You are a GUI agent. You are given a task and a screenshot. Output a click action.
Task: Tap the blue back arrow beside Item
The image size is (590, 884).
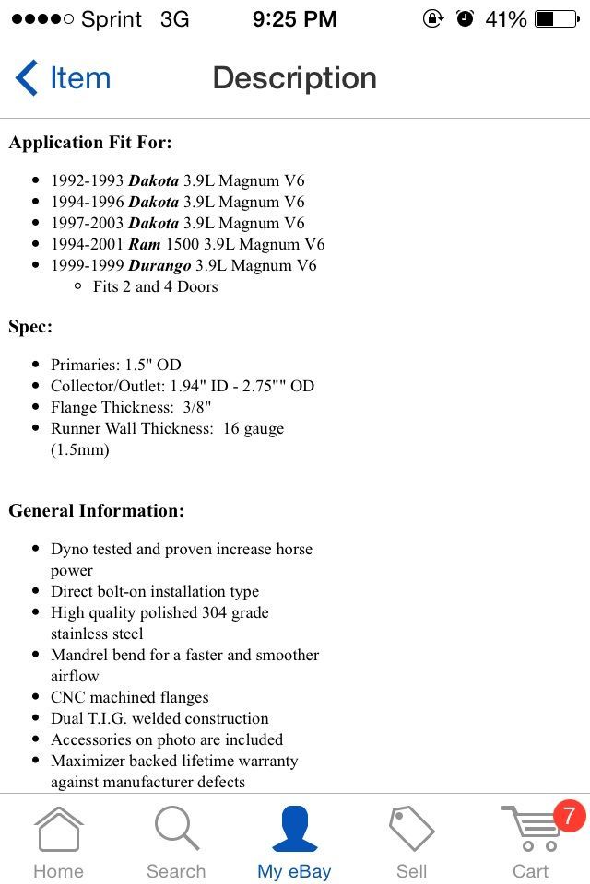[x=26, y=78]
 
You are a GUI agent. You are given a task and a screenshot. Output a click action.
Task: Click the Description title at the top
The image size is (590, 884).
[x=294, y=78]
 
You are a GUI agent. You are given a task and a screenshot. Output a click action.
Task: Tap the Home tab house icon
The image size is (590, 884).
[x=58, y=829]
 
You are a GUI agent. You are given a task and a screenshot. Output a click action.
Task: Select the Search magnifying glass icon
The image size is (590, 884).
[x=176, y=829]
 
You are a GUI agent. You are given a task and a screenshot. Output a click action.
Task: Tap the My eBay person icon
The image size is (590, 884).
[x=294, y=829]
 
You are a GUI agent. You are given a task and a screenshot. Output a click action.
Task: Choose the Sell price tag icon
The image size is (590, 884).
[x=411, y=829]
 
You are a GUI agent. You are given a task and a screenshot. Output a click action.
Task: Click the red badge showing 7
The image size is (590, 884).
[x=568, y=816]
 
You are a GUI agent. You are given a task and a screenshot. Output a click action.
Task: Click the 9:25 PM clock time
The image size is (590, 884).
[x=294, y=18]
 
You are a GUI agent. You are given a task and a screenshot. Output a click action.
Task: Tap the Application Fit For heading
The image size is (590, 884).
[x=90, y=143]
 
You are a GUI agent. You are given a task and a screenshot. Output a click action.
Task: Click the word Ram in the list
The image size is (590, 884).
[x=145, y=244]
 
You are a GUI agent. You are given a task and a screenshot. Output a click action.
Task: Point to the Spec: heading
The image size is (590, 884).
[x=30, y=327]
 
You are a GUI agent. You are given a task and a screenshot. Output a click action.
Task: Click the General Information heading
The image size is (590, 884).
[x=96, y=510]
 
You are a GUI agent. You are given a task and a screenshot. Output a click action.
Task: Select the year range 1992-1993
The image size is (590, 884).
[x=87, y=180]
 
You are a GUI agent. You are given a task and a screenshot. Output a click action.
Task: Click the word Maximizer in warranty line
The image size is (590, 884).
[x=90, y=761]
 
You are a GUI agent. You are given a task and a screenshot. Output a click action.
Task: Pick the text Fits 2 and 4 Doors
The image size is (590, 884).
[x=156, y=286]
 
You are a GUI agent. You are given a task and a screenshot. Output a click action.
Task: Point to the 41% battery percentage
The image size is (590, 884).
[x=505, y=18]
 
